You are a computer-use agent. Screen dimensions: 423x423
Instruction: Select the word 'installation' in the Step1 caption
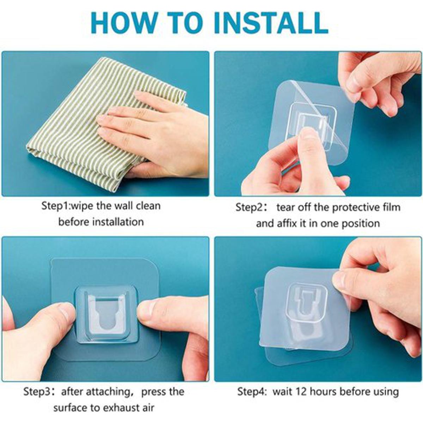coord(118,222)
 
